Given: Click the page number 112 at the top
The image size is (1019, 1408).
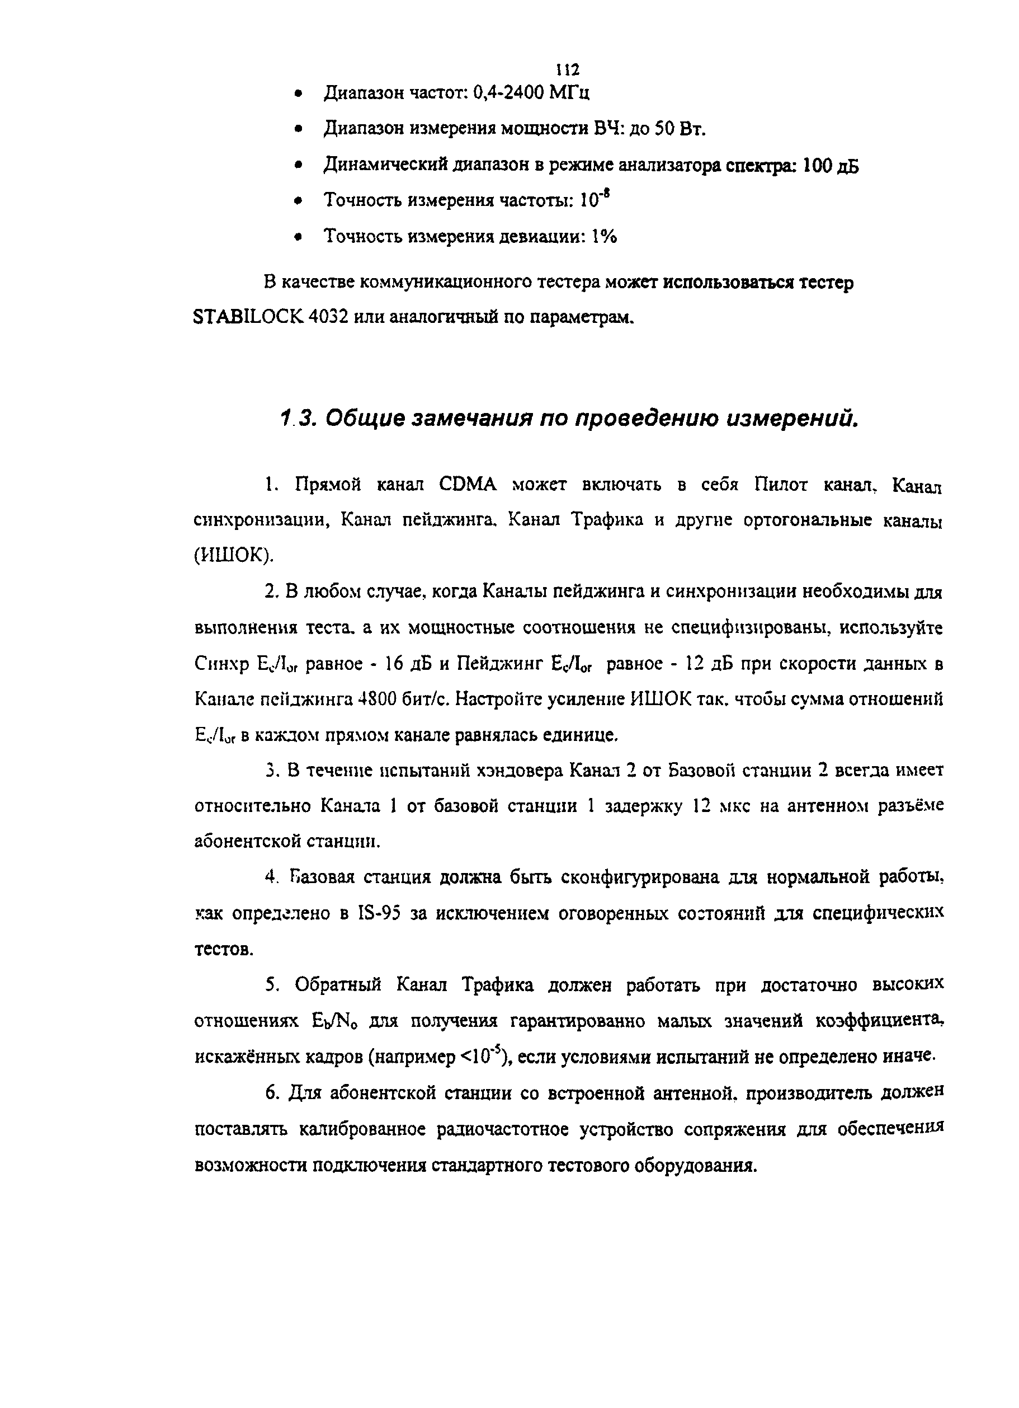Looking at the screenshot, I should click(568, 69).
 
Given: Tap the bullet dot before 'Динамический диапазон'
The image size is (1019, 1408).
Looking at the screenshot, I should click(299, 166).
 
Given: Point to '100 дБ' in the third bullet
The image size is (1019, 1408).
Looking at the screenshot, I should click(831, 166).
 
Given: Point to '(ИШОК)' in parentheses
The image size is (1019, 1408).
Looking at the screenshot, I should click(233, 556).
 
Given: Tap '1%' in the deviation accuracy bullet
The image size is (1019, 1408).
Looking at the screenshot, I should click(604, 237).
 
